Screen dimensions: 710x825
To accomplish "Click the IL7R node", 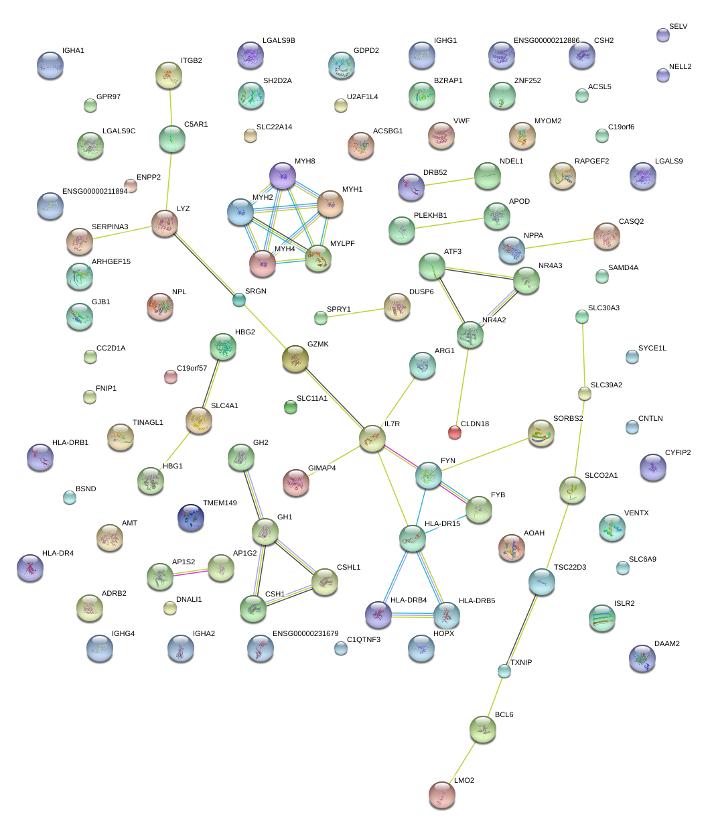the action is (372, 439).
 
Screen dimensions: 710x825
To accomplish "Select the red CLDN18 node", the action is (455, 432).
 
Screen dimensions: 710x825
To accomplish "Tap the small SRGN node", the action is (238, 300).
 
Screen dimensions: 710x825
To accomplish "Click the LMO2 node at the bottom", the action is (441, 795).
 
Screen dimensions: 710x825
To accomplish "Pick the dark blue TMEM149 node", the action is (191, 517).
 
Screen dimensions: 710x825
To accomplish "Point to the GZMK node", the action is (295, 359).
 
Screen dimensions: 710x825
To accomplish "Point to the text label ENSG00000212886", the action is (547, 41).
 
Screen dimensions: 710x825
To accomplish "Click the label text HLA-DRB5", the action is (477, 600).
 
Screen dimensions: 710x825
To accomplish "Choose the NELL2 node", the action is (663, 75).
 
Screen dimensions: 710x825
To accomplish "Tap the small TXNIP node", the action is (504, 670).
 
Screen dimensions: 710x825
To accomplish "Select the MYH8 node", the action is (283, 176).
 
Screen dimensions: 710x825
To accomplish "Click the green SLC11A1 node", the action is (290, 406).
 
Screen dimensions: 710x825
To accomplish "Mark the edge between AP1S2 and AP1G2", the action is (190, 572).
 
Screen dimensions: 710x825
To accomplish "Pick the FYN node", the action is (429, 474).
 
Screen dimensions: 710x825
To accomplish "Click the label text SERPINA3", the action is (110, 227).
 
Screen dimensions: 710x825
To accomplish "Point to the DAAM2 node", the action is (642, 659).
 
